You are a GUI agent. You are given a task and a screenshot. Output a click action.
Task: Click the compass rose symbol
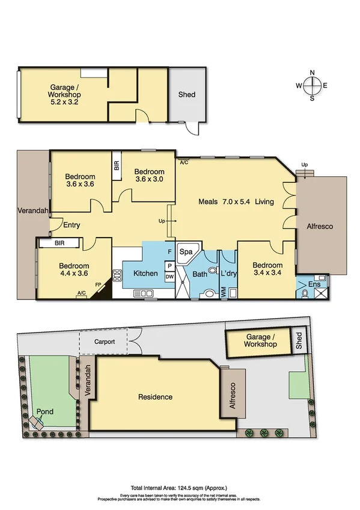click(x=312, y=86)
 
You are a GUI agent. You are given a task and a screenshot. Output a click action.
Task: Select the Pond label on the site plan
click(x=45, y=412)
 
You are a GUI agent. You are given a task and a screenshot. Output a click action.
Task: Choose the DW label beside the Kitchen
click(x=170, y=277)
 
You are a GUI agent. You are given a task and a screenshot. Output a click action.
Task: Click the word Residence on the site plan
click(x=155, y=397)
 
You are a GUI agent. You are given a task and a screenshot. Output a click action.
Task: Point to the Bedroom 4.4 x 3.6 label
click(x=75, y=270)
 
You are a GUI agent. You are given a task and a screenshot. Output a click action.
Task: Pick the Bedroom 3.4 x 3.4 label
click(x=267, y=269)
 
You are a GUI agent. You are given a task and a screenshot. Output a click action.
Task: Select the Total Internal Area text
click(x=180, y=488)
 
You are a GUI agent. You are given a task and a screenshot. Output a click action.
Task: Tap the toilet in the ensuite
click(x=306, y=294)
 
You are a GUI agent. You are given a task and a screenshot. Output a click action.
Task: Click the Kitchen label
click(x=145, y=274)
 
